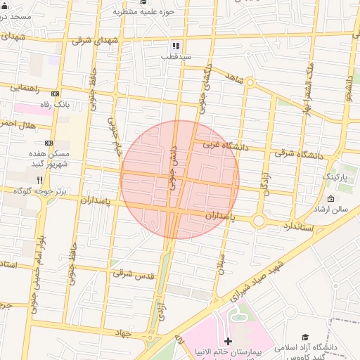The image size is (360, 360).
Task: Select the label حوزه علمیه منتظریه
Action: click(146, 12)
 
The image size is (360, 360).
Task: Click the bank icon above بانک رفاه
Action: click(56, 94)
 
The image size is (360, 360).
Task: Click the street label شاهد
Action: click(234, 79)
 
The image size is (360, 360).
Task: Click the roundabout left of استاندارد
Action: click(259, 221)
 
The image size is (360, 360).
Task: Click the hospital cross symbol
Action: click(227, 340)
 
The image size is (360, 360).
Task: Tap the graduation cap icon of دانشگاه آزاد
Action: click(305, 337)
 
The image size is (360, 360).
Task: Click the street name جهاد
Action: click(124, 334)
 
